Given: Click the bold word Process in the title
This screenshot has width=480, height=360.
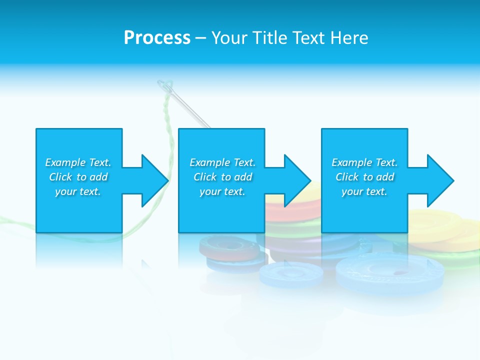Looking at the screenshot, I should [x=157, y=38].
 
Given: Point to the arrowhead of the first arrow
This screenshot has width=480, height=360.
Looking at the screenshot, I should [x=155, y=180].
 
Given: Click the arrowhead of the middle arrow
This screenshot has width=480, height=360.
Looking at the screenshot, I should [x=297, y=180].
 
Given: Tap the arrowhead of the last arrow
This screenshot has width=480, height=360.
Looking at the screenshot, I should [x=440, y=180].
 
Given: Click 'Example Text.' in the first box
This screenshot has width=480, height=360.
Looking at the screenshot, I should [x=78, y=162].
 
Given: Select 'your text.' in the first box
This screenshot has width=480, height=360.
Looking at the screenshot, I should [x=78, y=191].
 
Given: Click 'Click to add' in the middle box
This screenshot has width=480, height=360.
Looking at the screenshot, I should [x=222, y=177].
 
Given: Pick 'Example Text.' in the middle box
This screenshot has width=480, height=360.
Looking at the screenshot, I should [x=222, y=162].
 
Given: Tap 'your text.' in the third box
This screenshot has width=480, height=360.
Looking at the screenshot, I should [x=364, y=191].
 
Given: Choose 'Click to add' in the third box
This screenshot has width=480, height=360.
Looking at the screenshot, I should [x=364, y=177].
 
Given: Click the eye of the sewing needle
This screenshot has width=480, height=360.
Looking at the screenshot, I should [x=165, y=86].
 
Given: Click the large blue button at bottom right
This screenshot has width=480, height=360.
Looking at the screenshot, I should [x=390, y=272].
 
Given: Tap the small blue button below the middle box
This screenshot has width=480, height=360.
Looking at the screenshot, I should [x=291, y=274].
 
